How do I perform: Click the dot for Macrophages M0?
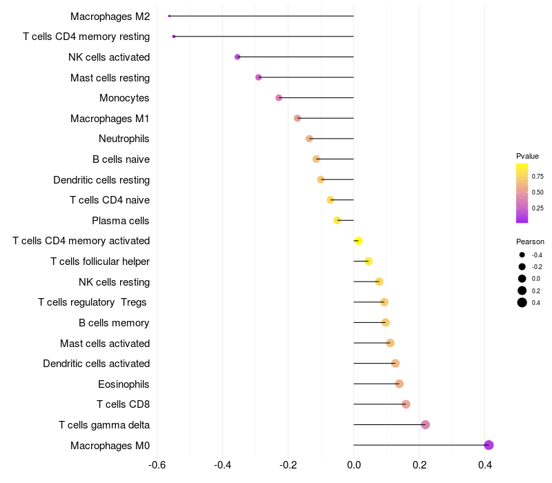[x=489, y=445]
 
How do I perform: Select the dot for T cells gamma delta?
[x=425, y=424]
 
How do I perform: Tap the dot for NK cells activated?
[x=237, y=57]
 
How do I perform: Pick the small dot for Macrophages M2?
[x=169, y=16]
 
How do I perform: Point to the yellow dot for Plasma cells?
[x=337, y=220]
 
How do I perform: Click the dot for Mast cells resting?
[x=259, y=77]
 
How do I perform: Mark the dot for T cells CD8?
[x=406, y=404]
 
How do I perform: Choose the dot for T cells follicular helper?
[x=368, y=261]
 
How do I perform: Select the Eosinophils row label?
[x=124, y=384]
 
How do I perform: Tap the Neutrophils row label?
[x=124, y=139]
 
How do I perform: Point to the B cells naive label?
[x=121, y=159]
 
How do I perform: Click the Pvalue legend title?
[x=527, y=156]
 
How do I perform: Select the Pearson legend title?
[x=530, y=241]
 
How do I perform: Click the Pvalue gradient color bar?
[x=522, y=193]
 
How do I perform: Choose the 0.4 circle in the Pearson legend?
[x=522, y=302]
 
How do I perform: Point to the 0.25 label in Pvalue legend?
[x=538, y=208]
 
